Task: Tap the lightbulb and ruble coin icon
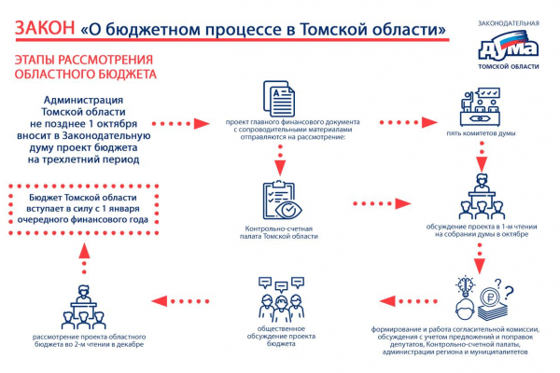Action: [x=480, y=297]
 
